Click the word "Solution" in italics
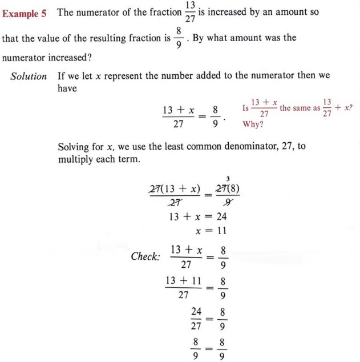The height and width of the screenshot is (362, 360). pyautogui.click(x=29, y=77)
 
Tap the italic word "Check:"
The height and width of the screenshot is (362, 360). pyautogui.click(x=146, y=256)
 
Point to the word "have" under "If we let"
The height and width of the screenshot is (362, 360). pyautogui.click(x=67, y=89)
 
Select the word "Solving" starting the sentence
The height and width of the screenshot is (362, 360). pyautogui.click(x=74, y=147)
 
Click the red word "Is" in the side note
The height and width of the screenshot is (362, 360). pyautogui.click(x=246, y=108)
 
